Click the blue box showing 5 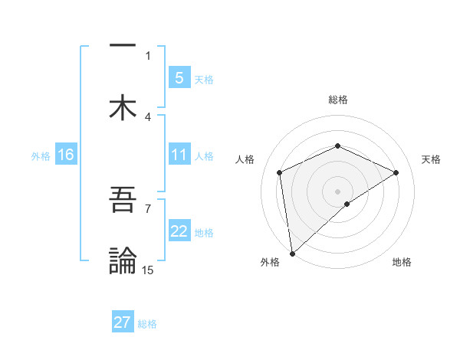(x=179, y=77)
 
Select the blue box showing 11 (x=179, y=155)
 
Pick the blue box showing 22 (x=179, y=231)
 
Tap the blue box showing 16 (x=65, y=155)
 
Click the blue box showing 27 (x=122, y=322)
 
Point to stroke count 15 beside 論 (x=148, y=270)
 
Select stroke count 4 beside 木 (x=148, y=116)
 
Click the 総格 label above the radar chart (x=338, y=100)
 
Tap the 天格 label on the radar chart (x=431, y=159)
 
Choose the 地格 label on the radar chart (x=402, y=262)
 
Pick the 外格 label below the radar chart (x=270, y=262)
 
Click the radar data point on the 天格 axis (x=396, y=172)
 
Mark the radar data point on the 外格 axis (x=292, y=254)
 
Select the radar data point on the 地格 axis (x=347, y=204)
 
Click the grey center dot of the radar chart (x=338, y=191)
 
